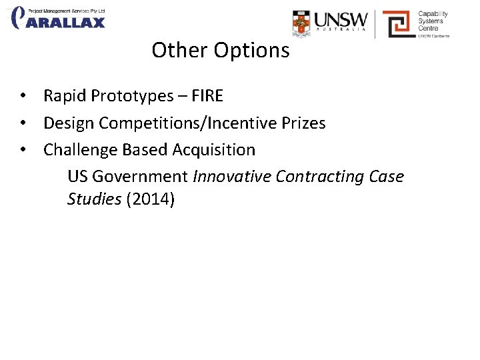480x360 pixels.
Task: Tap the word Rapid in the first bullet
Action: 65,96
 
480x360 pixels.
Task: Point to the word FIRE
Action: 207,96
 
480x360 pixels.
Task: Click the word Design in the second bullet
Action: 68,123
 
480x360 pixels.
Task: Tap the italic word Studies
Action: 94,199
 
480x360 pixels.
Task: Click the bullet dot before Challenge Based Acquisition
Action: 23,150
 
